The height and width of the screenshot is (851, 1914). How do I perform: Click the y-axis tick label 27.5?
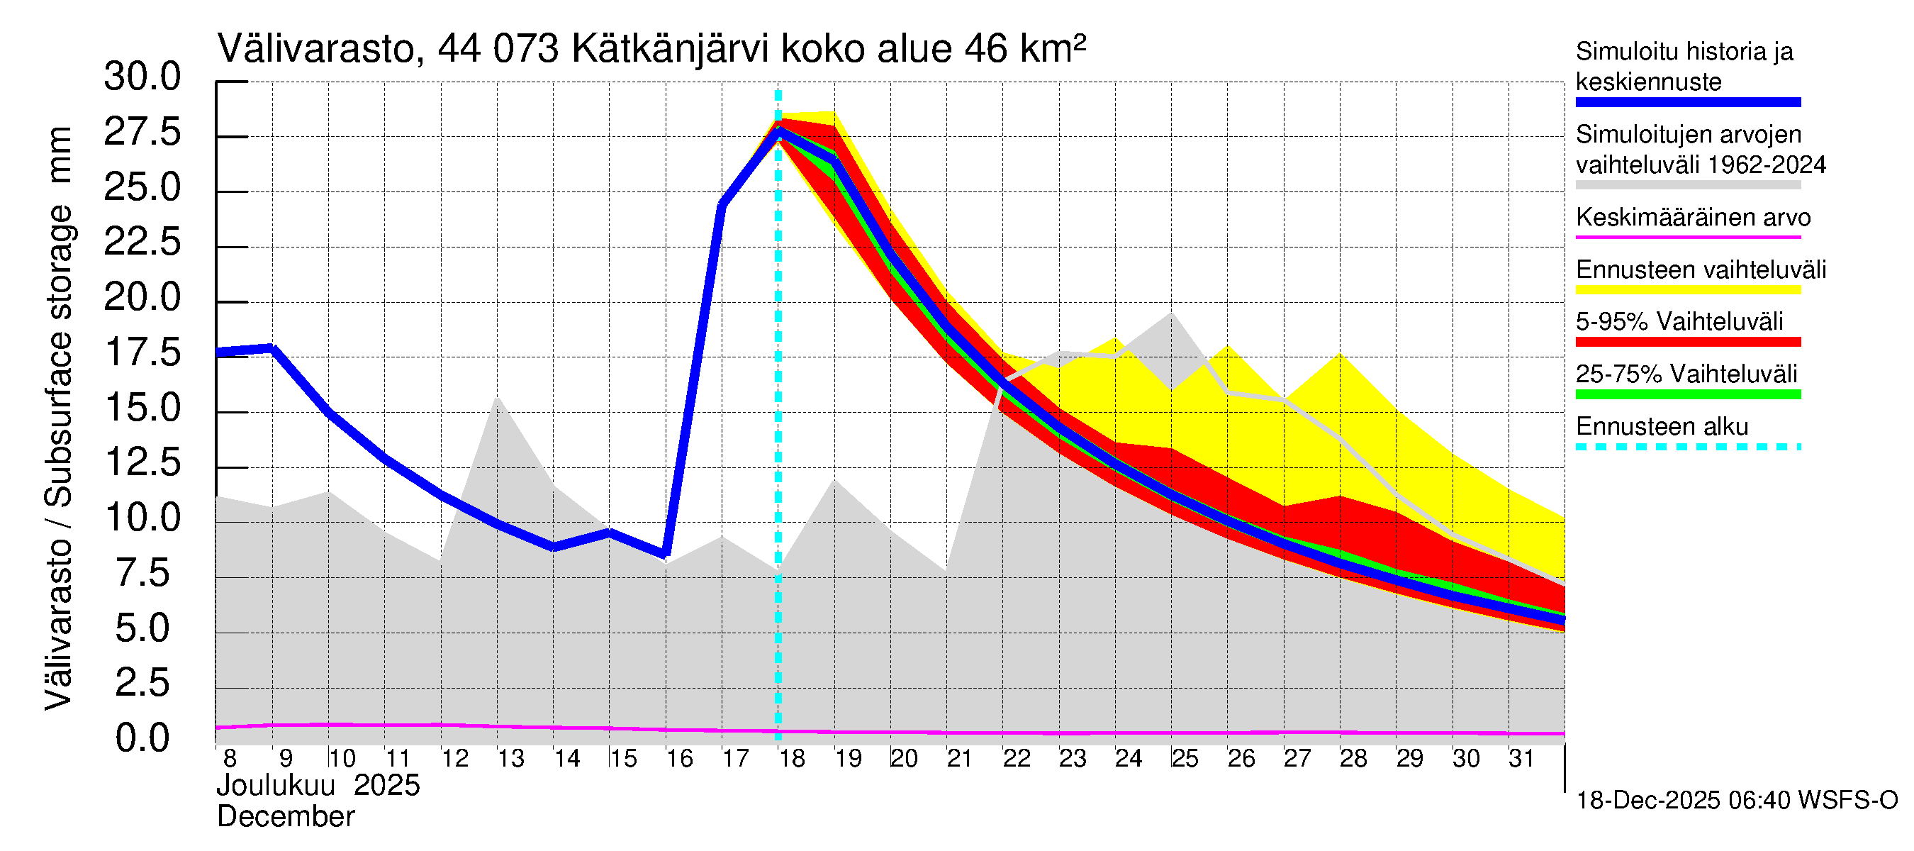pyautogui.click(x=142, y=133)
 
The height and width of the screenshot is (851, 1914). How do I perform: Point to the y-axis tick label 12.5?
pyautogui.click(x=142, y=463)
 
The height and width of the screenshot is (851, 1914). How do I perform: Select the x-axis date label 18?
pyautogui.click(x=792, y=759)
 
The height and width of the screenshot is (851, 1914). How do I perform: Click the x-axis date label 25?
pyautogui.click(x=1185, y=759)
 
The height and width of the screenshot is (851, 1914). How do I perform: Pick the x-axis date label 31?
pyautogui.click(x=1522, y=759)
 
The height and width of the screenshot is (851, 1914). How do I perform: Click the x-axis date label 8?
pyautogui.click(x=230, y=759)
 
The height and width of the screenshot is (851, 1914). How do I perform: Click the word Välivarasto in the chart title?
pyautogui.click(x=315, y=49)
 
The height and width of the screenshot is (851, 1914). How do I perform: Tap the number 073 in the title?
pyautogui.click(x=527, y=49)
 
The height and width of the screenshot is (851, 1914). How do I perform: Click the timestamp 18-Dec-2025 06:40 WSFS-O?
pyautogui.click(x=1736, y=801)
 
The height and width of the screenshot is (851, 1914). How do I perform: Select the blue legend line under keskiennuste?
pyautogui.click(x=1687, y=103)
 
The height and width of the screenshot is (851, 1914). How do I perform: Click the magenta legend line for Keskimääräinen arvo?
pyautogui.click(x=1687, y=237)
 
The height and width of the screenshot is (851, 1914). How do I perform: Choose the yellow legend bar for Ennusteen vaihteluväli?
pyautogui.click(x=1687, y=290)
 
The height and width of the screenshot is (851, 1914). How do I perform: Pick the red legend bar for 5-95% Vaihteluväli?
pyautogui.click(x=1687, y=342)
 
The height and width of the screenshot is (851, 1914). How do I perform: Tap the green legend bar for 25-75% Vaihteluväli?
pyautogui.click(x=1687, y=395)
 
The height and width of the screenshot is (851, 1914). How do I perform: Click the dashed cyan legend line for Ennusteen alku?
pyautogui.click(x=1687, y=447)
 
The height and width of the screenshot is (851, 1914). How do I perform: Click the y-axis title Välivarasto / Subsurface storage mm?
pyautogui.click(x=60, y=418)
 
